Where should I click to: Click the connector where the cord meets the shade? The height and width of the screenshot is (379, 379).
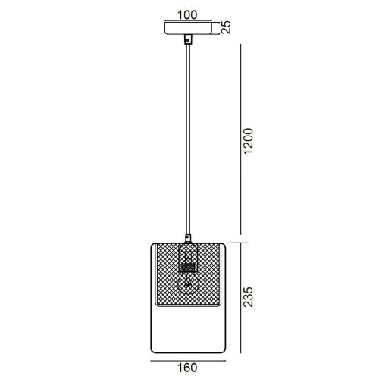186,237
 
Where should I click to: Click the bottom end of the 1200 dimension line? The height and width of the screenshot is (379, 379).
241,233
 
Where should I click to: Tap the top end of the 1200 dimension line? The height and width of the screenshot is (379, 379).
241,44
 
